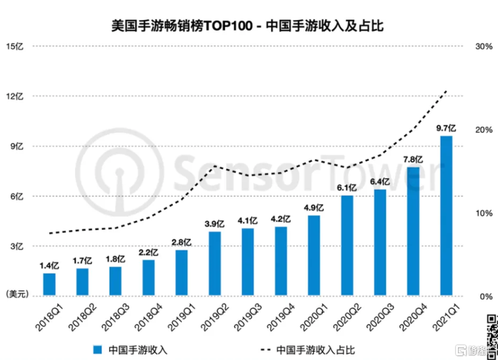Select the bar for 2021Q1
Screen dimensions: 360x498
446,216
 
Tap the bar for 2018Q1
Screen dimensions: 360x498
49,284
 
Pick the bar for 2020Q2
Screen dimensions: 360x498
347,245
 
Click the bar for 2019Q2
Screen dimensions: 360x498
215,263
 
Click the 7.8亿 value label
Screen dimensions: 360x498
413,160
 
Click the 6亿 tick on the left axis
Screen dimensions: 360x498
15,196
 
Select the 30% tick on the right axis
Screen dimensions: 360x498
483,46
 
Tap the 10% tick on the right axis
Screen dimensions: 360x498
483,213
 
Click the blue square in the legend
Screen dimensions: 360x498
98,349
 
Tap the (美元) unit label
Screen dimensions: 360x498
15,294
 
